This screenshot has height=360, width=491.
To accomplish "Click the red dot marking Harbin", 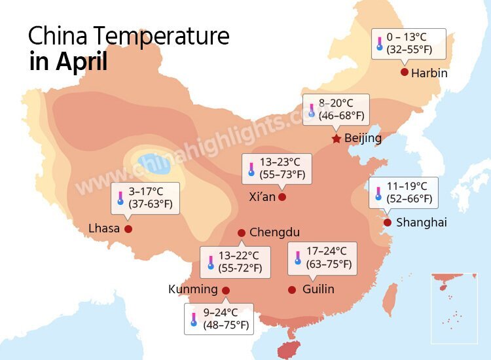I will tap(405, 72).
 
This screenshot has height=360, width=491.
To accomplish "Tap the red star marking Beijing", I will tap(336, 139).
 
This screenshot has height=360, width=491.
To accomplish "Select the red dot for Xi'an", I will tap(282, 196).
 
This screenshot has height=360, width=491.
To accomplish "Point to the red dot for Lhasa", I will tap(128, 229).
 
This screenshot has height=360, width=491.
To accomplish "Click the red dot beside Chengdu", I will tap(242, 232).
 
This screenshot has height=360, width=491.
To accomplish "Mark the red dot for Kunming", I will tap(226, 290).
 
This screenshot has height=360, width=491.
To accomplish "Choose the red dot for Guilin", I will tap(292, 289).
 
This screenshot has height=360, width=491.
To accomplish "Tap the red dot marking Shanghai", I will tap(388, 223).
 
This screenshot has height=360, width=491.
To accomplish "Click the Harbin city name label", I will tap(429, 73).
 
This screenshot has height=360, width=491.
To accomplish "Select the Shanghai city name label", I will tap(422, 223).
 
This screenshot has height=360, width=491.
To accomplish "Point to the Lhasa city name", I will tap(104, 228).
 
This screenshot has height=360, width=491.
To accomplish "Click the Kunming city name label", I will tap(193, 289).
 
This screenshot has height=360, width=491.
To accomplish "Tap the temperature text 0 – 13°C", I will tap(407, 37).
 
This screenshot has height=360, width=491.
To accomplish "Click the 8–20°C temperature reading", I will tap(336, 103).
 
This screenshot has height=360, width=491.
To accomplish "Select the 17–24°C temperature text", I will tap(326, 251).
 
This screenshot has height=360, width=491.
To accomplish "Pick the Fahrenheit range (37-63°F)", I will tap(151, 205).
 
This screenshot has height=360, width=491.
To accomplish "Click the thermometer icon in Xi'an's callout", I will tap(251, 168).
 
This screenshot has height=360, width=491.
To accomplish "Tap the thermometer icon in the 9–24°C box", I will tap(194, 319).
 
